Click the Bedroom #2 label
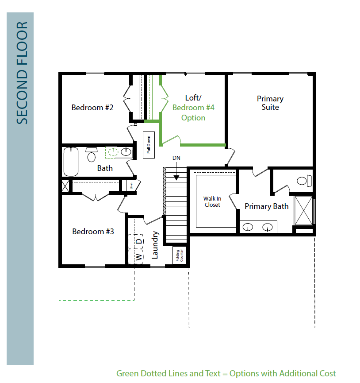[92, 108]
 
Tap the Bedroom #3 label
[93, 231]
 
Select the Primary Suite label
[270, 103]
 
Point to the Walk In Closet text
[212, 202]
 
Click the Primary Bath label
[267, 206]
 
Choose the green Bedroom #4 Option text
[193, 112]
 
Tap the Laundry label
[155, 245]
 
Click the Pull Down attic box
[149, 145]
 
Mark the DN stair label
[176, 158]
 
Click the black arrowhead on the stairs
[176, 178]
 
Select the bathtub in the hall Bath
[71, 162]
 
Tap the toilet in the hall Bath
[92, 155]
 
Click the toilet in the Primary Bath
[304, 181]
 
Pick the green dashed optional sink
[113, 152]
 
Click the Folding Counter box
[179, 255]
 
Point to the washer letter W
[138, 257]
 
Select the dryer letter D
[138, 241]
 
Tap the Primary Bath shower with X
[303, 211]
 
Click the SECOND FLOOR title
[22, 73]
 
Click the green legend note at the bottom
[226, 373]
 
